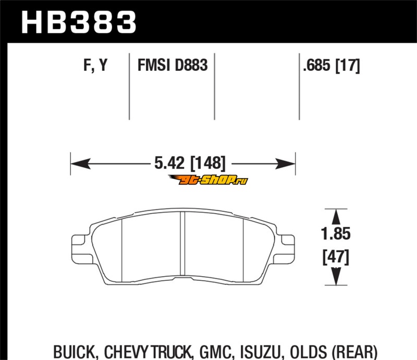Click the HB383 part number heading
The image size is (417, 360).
point(79,22)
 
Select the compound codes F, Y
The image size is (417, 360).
point(95,65)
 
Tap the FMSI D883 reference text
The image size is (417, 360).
point(173,65)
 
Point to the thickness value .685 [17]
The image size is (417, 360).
point(332,66)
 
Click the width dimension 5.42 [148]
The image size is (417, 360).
point(190,163)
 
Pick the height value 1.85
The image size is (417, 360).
point(336,234)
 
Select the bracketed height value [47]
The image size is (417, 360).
point(336,257)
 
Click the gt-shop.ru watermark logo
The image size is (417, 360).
point(208,180)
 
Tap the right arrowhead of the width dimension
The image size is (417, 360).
point(285,164)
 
